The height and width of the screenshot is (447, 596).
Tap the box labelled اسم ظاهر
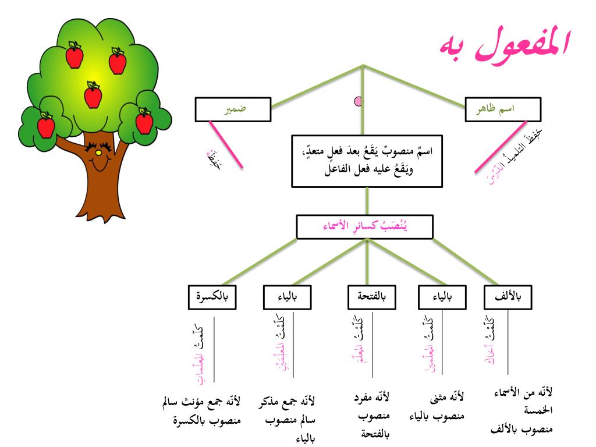coord(503,109)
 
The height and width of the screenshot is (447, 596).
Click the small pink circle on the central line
coord(359,102)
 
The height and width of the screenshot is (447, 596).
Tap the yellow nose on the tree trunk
coord(98,153)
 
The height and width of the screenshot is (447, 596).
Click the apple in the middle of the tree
coord(93,95)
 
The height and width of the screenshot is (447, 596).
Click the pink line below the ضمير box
coord(226,144)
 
